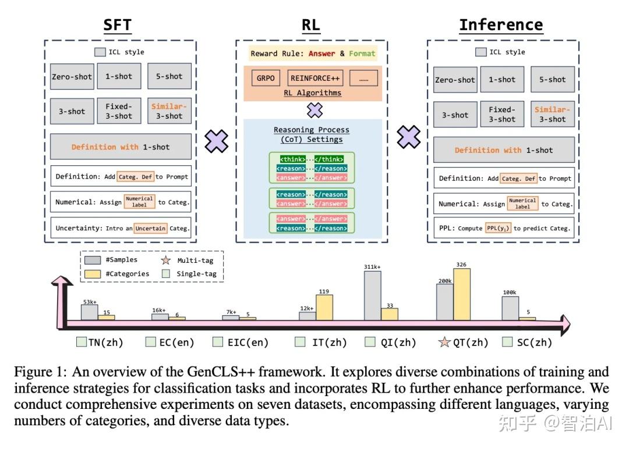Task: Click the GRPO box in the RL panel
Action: coord(266,78)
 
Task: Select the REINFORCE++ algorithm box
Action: coord(315,78)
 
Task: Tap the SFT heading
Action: coord(118,25)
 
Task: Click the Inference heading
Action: coord(501,25)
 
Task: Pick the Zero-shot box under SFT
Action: coord(72,77)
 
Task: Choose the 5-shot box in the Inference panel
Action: coord(552,79)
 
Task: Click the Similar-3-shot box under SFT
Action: coord(169,111)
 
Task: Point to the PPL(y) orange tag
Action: coord(498,229)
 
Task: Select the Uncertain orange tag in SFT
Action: coord(150,229)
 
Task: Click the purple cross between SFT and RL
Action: coord(216,141)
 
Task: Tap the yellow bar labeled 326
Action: coord(462,294)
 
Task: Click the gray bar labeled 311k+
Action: coord(373,295)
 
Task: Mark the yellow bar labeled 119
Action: coord(324,308)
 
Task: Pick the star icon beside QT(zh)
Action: coord(444,342)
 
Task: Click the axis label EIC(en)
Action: coord(248,343)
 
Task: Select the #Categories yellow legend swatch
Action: coord(93,274)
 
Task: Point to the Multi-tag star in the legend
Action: coord(165,261)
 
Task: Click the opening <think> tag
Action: coord(292,159)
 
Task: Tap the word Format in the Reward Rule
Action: coord(362,54)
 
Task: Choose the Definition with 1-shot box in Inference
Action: coord(504,150)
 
